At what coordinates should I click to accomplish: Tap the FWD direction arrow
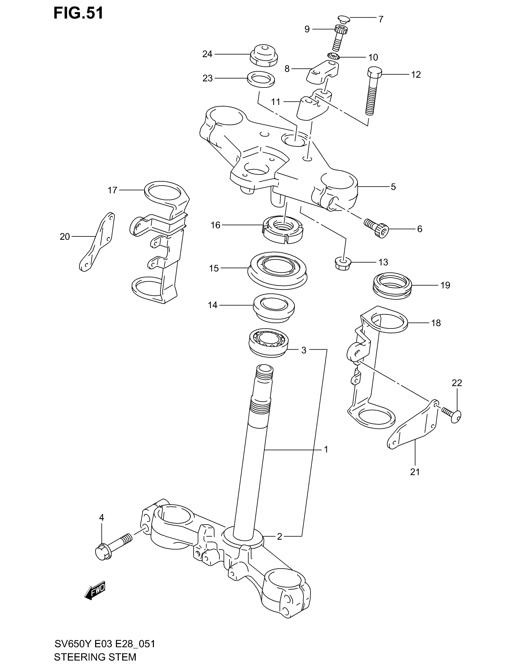(95, 590)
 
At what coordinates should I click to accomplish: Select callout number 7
(381, 19)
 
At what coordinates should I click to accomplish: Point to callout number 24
(207, 54)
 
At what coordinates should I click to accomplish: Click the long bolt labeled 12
(372, 91)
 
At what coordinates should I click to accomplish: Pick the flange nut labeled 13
(342, 264)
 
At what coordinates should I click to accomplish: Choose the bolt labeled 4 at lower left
(113, 548)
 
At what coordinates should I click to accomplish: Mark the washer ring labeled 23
(261, 79)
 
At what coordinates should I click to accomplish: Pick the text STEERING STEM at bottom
(95, 657)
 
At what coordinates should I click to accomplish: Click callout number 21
(415, 472)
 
